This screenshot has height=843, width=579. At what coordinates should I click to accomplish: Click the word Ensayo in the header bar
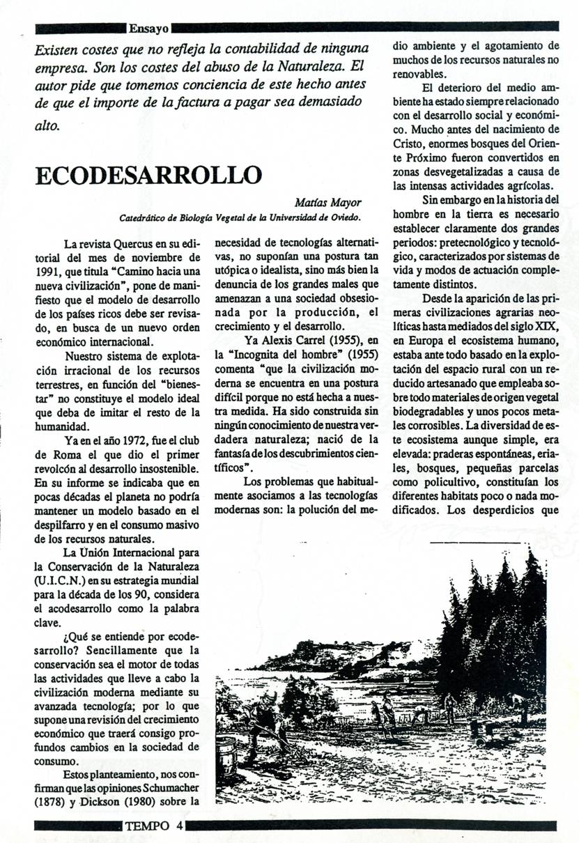[x=148, y=29]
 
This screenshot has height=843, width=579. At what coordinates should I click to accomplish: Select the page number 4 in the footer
[x=179, y=826]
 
